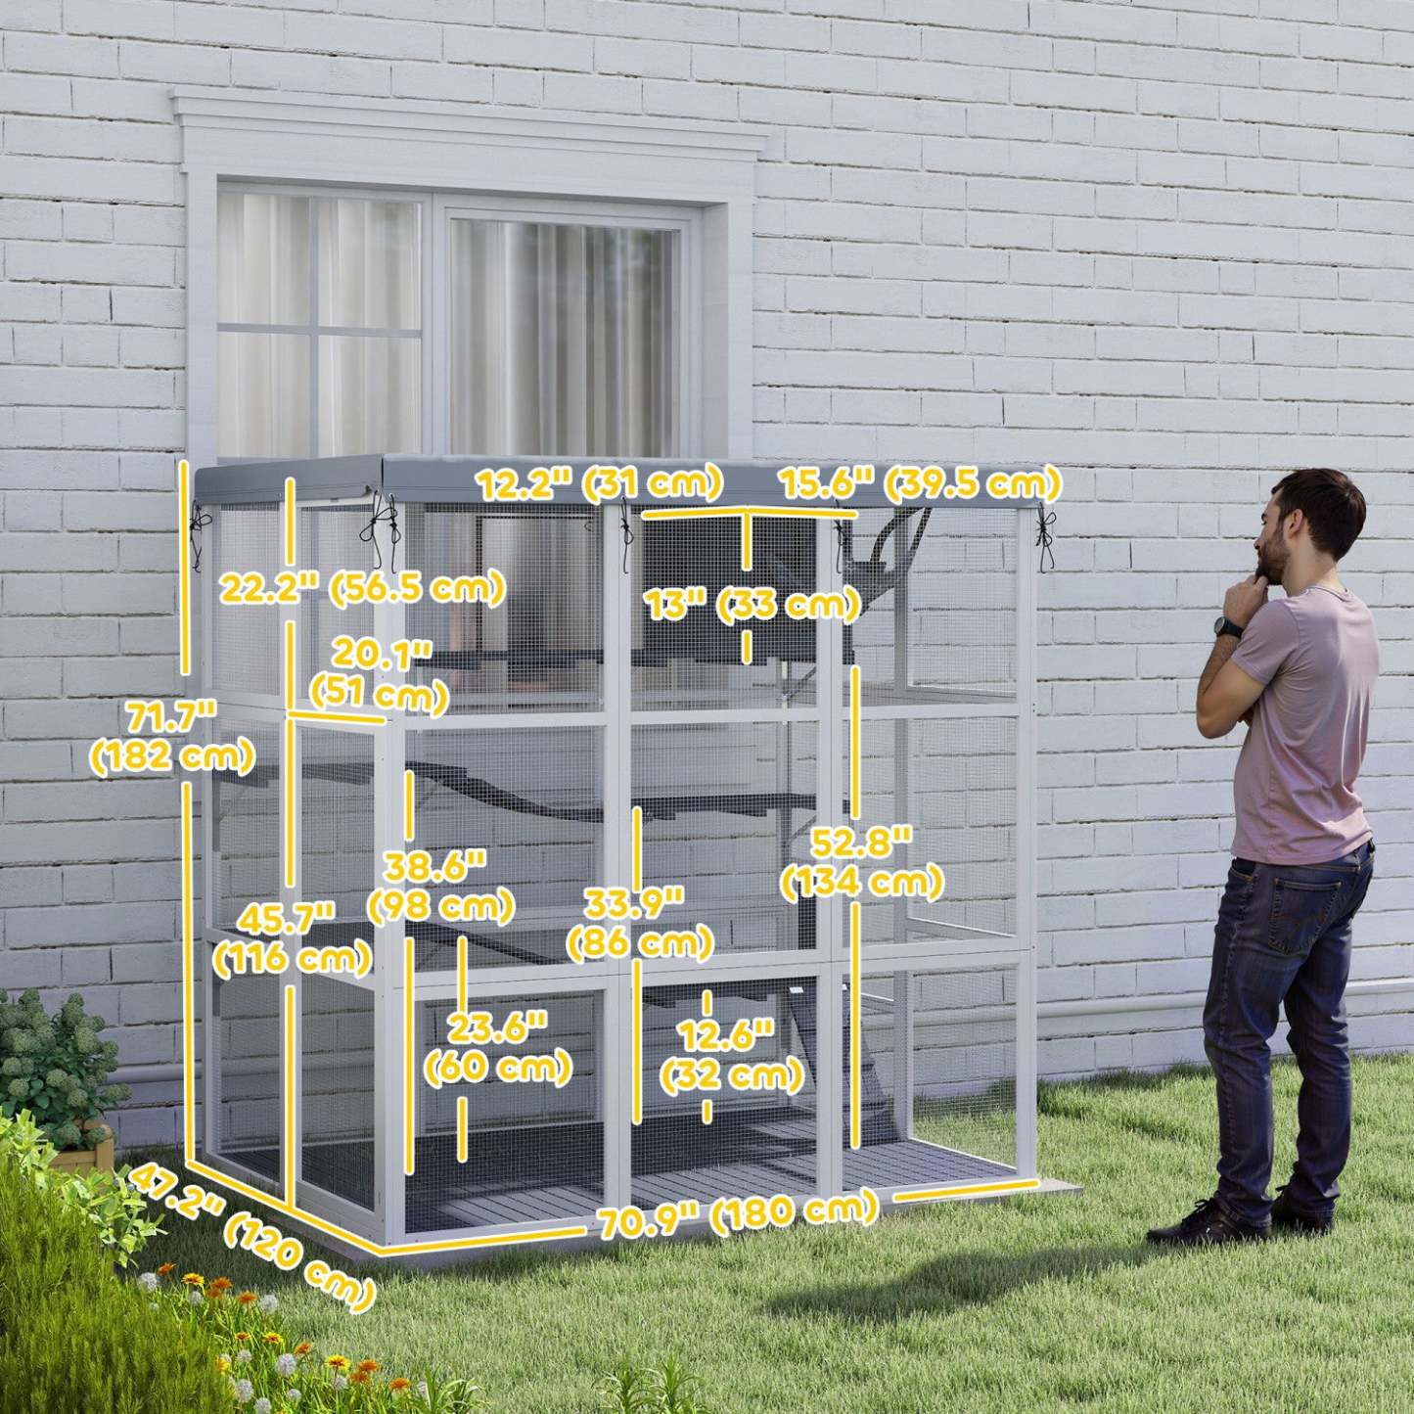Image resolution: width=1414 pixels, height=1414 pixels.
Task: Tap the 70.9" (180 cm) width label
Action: coord(738,1215)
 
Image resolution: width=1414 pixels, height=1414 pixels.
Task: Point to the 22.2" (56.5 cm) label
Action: coord(361,589)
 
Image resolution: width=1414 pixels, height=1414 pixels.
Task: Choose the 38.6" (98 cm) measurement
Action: coord(439,887)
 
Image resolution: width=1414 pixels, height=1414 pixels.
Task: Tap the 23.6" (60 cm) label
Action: coord(497,1047)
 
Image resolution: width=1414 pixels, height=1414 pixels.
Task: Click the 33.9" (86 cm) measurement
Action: coord(639,923)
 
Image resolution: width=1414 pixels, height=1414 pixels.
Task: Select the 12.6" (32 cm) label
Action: coord(731,1055)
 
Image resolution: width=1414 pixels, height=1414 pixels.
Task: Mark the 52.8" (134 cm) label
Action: coord(861,862)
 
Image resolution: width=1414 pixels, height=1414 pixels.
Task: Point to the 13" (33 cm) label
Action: coord(751,604)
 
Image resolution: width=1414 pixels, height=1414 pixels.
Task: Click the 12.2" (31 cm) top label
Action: coord(599,482)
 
